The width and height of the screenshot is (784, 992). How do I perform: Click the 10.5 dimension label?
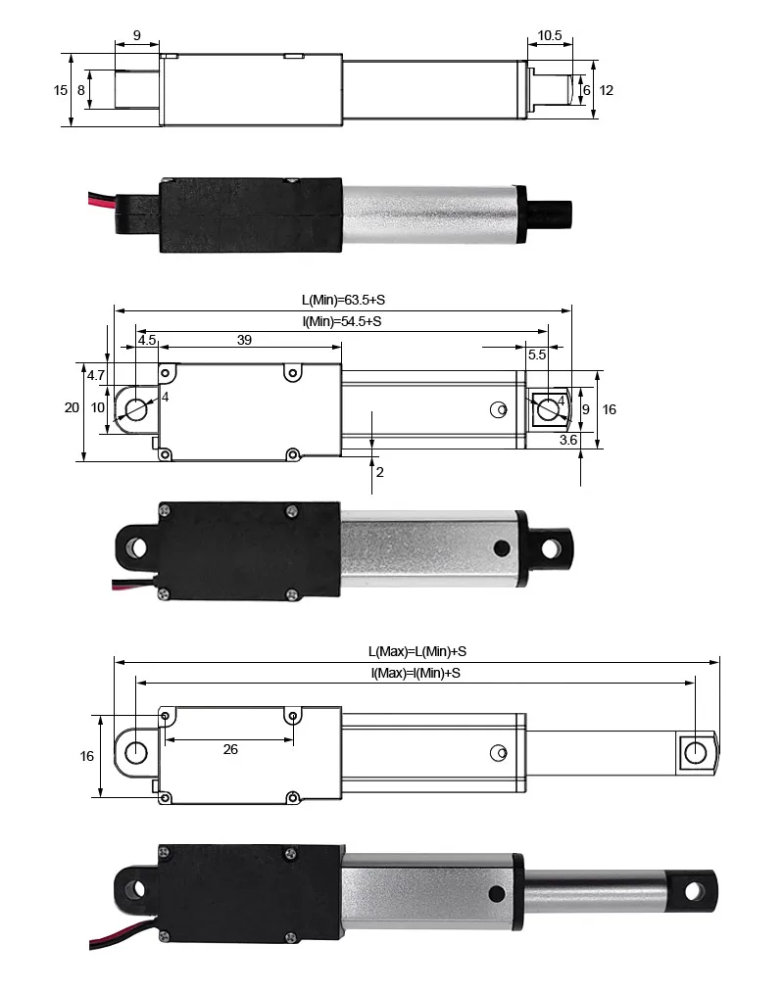pos(550,36)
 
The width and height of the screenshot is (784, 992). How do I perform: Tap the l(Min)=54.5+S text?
pos(342,321)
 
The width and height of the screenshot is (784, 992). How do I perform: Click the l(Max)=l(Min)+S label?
pos(416,673)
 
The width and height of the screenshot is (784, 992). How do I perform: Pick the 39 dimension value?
pos(244,340)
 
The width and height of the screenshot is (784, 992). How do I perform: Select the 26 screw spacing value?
pos(230,749)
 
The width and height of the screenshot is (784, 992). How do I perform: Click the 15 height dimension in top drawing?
pos(61,90)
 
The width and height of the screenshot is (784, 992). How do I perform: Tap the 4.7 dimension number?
pos(96,375)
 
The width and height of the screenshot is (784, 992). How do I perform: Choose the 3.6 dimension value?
pos(567,442)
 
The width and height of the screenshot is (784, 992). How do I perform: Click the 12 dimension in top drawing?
pos(607,90)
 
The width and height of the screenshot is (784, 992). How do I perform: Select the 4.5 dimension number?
pos(146,340)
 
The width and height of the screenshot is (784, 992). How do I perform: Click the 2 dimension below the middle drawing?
pos(379,472)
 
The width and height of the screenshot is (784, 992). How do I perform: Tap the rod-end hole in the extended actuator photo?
pos(695,890)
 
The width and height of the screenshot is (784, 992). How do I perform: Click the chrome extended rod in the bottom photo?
pos(598,889)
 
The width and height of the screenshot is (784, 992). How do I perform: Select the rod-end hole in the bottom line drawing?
pos(695,752)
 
